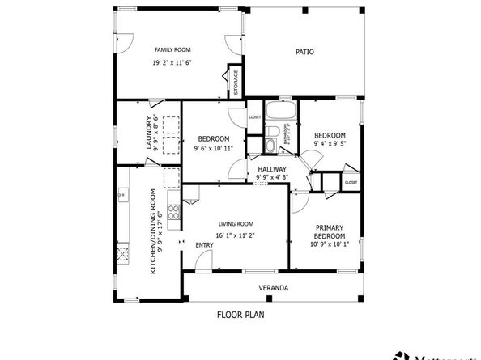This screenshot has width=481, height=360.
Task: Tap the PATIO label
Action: point(304,52)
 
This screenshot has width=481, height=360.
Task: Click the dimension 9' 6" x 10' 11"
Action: point(213,148)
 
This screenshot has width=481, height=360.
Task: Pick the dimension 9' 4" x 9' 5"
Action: point(330,145)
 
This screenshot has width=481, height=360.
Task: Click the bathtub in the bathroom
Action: point(281,109)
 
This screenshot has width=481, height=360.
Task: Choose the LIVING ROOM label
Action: point(236,224)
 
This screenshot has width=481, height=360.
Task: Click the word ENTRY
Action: point(205,246)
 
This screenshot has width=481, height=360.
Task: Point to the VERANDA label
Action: point(274,287)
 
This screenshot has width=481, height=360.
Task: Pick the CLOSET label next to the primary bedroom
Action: point(351,183)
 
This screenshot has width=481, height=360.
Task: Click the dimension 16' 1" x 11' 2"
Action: point(236,235)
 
